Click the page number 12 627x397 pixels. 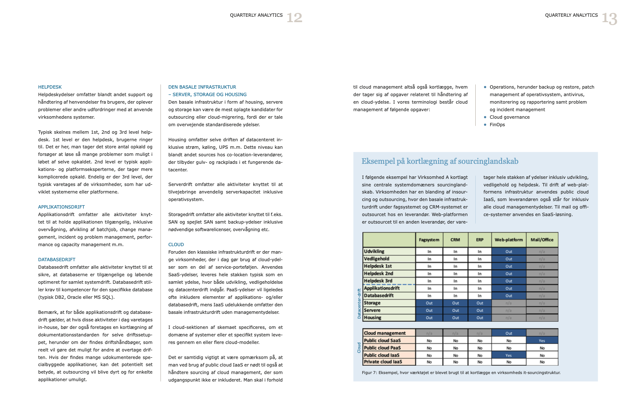pyautogui.click(x=294, y=18)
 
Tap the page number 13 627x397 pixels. pyautogui.click(x=609, y=18)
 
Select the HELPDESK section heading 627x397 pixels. pyautogui.click(x=50, y=87)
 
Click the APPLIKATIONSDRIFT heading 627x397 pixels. pyautogui.click(x=61, y=207)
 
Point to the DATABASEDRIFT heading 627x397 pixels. pyautogui.click(x=57, y=260)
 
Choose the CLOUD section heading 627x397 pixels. pyautogui.click(x=176, y=244)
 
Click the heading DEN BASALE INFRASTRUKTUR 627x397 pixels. pyautogui.click(x=202, y=87)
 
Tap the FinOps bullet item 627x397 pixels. pyautogui.click(x=497, y=125)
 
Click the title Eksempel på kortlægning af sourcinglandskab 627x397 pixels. pyautogui.click(x=440, y=161)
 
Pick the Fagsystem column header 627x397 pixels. pyautogui.click(x=429, y=240)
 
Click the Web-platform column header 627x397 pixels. pyautogui.click(x=509, y=240)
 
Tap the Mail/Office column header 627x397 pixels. pyautogui.click(x=542, y=240)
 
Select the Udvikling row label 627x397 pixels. pyautogui.click(x=374, y=252)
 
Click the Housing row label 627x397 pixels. pyautogui.click(x=372, y=318)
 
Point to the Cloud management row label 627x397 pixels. pyautogui.click(x=385, y=333)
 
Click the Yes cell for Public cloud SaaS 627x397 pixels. pyautogui.click(x=542, y=341)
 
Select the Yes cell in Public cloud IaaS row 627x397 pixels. pyautogui.click(x=509, y=355)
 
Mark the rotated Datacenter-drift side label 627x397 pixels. pyautogui.click(x=359, y=303)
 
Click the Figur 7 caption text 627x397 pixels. pyautogui.click(x=461, y=372)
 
